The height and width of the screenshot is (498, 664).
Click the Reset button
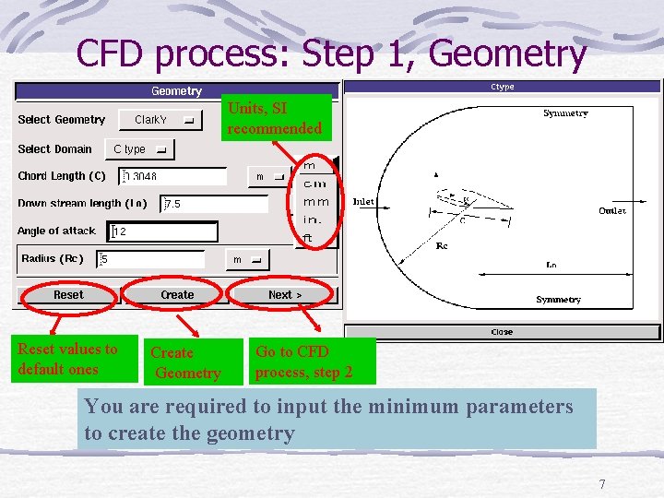(x=68, y=295)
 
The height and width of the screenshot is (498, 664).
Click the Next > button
(x=285, y=295)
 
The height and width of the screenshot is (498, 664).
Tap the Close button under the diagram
(x=502, y=332)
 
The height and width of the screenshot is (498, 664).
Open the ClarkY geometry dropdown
(x=163, y=120)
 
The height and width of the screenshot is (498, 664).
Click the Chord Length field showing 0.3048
(x=173, y=176)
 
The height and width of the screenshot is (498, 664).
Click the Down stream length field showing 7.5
(x=220, y=204)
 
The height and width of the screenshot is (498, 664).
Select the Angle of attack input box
(x=162, y=231)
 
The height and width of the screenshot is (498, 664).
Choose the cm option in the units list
(x=314, y=184)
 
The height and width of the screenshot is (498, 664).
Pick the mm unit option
(x=315, y=201)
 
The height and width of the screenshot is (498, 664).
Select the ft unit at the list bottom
(x=309, y=238)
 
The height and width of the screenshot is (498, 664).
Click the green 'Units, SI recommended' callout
(x=276, y=118)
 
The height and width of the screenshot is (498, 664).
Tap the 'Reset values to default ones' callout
(x=73, y=359)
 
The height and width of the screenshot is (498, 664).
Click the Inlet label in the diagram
(x=363, y=202)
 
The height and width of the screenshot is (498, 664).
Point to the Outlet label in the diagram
(x=612, y=210)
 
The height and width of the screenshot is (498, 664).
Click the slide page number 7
(x=602, y=484)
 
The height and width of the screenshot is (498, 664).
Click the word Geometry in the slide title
(x=507, y=53)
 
